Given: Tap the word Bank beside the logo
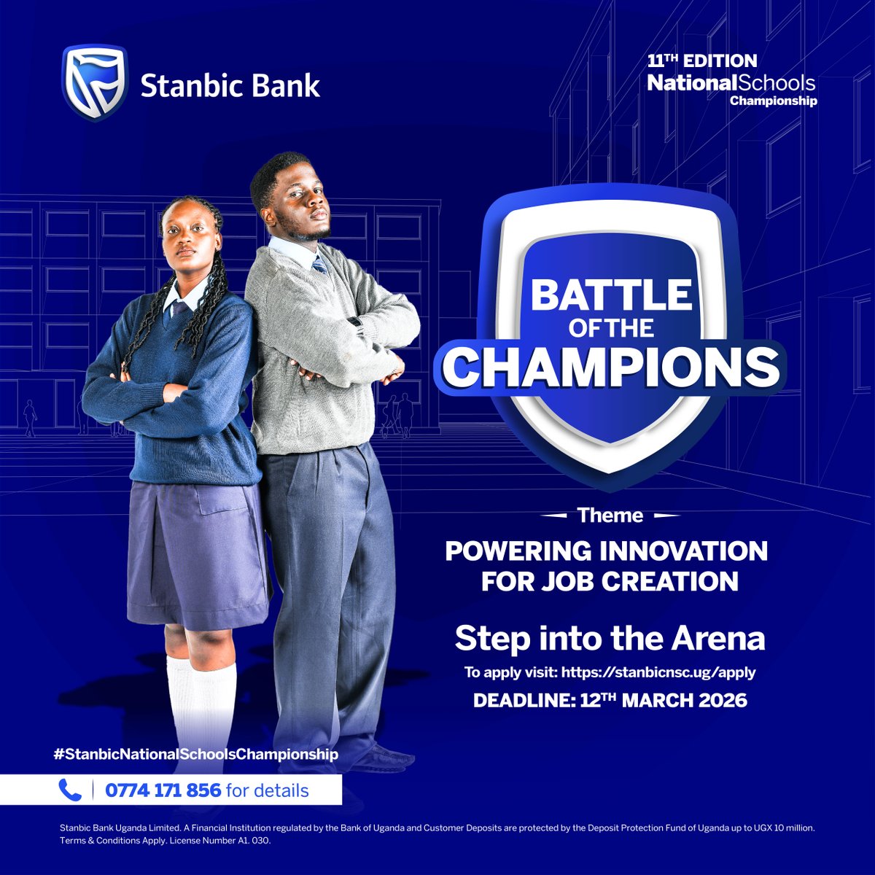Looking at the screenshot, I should [x=287, y=86].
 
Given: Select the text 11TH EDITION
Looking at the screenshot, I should [x=702, y=61].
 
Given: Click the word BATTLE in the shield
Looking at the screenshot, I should [x=611, y=295].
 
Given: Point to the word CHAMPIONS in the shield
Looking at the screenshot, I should [x=611, y=367].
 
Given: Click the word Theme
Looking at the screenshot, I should [x=610, y=516].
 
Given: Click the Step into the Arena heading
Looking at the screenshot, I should [x=610, y=639].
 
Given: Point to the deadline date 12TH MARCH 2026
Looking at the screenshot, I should [x=664, y=701].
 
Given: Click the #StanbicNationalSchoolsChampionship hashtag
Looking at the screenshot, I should [x=196, y=754].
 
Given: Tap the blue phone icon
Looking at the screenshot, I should [x=70, y=790].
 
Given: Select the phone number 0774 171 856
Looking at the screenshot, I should [x=163, y=790].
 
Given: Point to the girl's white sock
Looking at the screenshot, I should [x=201, y=700].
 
